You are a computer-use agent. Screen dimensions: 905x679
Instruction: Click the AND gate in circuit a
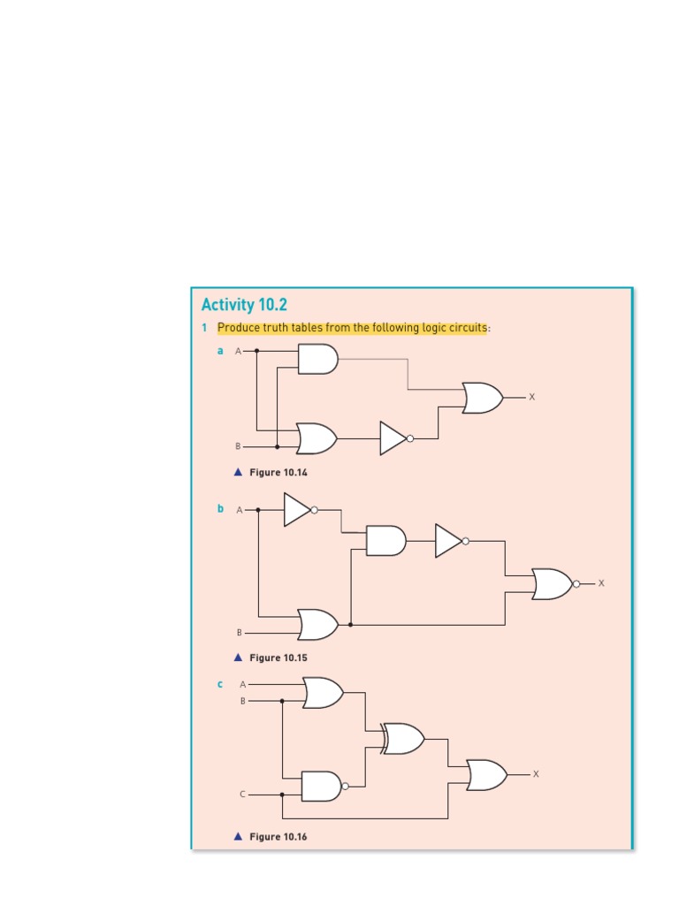click(x=317, y=359)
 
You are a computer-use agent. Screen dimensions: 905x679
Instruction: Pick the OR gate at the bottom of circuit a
click(x=317, y=437)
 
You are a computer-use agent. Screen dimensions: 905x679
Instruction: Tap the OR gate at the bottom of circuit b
click(x=317, y=625)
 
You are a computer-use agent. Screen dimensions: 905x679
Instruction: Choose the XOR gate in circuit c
click(x=402, y=738)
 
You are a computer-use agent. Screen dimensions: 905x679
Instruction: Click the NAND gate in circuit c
click(x=322, y=786)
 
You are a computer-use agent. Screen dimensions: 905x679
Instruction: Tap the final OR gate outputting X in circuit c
click(x=486, y=775)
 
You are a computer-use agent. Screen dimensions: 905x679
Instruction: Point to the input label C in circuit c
click(x=242, y=795)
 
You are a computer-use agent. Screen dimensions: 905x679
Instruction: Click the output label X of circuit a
click(x=531, y=398)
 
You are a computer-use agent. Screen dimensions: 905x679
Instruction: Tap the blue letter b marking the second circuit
click(x=221, y=509)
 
